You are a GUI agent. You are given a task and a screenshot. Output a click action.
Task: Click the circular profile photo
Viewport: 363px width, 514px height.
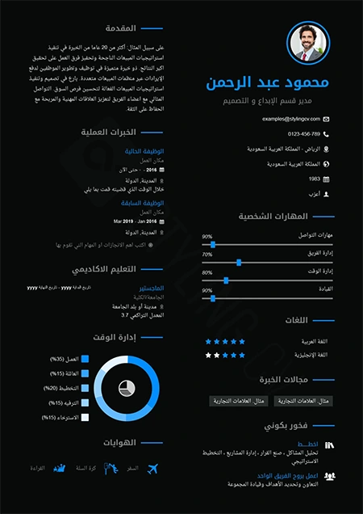[309, 43]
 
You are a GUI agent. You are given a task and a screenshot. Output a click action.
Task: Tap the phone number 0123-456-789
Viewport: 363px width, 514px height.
[304, 133]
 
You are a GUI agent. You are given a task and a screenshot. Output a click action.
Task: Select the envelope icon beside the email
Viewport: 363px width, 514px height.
[326, 118]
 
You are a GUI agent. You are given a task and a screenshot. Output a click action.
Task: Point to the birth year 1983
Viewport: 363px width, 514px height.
[315, 179]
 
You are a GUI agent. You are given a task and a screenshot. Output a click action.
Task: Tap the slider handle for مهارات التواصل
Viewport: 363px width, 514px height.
[213, 243]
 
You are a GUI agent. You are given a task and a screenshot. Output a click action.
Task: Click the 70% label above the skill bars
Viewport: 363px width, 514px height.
[207, 254]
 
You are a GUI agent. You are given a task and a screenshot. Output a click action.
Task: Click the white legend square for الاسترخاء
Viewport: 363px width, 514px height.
[85, 417]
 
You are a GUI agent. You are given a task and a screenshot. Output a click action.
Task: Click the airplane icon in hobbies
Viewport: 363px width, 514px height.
[152, 469]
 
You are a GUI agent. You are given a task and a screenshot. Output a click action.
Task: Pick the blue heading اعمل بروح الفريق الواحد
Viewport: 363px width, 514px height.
[295, 476]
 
